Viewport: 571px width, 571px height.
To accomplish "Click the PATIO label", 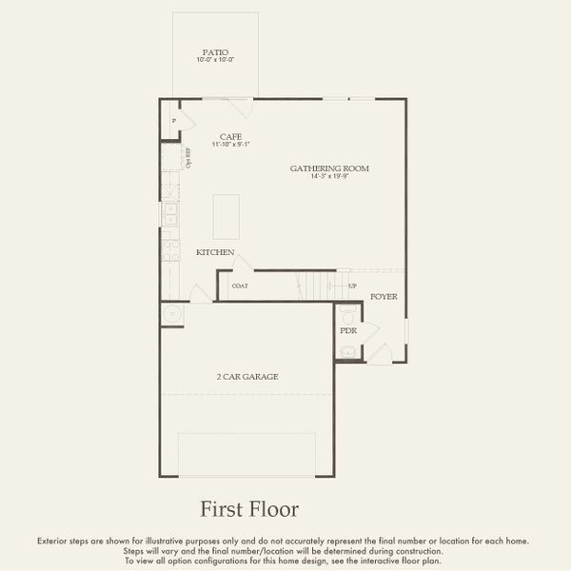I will [215, 52].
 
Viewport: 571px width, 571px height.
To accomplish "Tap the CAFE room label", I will [229, 136].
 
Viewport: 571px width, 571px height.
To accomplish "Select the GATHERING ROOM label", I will [329, 168].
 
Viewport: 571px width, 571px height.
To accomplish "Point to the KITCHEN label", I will [215, 252].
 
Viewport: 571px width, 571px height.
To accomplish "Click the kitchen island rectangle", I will [226, 217].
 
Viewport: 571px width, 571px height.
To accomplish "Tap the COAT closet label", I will [240, 285].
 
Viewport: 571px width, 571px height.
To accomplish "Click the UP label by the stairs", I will [353, 285].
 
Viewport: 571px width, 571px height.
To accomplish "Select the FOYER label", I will [384, 297].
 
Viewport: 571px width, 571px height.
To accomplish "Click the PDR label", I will [347, 330].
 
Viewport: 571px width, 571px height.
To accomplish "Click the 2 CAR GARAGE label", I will [246, 377].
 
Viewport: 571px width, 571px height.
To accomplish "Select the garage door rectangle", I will [247, 455].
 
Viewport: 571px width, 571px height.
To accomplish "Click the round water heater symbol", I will [171, 314].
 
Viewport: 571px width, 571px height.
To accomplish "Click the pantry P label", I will [173, 122].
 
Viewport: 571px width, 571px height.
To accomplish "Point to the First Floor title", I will [248, 509].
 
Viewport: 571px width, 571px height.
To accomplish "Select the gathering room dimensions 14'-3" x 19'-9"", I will [329, 177].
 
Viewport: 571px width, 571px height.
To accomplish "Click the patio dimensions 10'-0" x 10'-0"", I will [215, 60].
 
